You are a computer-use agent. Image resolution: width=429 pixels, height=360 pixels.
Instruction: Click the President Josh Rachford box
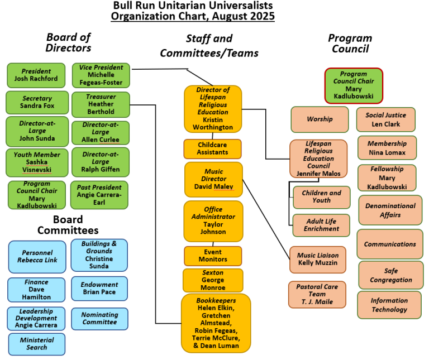(x=36, y=75)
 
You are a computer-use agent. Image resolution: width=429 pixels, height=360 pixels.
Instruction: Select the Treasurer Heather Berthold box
(x=101, y=104)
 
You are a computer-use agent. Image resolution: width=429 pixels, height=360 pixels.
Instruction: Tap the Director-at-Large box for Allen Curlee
(x=101, y=133)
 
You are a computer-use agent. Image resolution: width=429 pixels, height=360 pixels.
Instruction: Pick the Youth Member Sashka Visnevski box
(x=37, y=162)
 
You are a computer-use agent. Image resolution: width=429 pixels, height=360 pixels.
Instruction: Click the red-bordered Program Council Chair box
(x=354, y=85)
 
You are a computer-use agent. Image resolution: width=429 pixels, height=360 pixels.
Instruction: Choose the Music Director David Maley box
(x=214, y=179)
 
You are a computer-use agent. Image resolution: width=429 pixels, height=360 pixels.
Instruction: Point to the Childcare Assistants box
(x=213, y=148)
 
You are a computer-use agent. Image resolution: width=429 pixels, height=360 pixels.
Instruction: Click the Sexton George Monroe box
(x=213, y=280)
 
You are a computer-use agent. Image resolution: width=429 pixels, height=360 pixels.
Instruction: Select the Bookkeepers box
(x=216, y=323)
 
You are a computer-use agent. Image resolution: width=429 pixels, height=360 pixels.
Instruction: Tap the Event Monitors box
(x=213, y=256)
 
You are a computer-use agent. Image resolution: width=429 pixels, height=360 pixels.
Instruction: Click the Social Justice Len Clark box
(x=386, y=119)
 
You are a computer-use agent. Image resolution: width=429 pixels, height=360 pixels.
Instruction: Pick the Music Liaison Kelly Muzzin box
(x=318, y=260)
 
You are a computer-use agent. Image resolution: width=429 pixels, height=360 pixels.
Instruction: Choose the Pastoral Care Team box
(x=317, y=294)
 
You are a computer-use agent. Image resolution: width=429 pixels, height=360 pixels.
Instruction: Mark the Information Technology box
(x=389, y=305)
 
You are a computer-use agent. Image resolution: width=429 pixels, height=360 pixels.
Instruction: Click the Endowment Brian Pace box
(x=99, y=289)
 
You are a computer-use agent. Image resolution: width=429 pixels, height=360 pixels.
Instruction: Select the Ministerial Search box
(x=37, y=344)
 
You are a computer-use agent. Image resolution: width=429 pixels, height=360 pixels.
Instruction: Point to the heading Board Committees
(x=68, y=225)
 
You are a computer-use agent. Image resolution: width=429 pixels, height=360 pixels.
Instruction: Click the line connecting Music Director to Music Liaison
(x=266, y=219)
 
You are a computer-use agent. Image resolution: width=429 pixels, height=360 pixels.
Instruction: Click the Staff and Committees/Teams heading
(x=209, y=46)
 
